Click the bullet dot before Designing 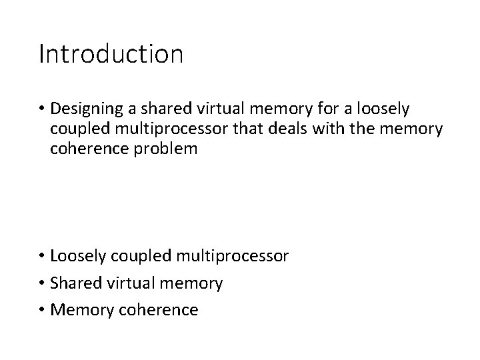43,107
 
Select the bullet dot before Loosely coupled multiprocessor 43,257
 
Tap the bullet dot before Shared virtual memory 43,283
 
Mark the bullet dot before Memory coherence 43,310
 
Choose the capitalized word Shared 75,283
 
